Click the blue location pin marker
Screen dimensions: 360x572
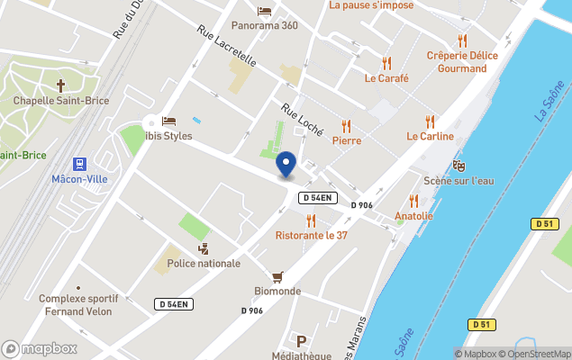286,165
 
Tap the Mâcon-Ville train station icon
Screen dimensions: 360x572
80,164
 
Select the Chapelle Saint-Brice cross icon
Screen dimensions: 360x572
61,86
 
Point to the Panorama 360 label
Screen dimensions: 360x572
264,25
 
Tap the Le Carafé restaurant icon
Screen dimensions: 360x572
386,63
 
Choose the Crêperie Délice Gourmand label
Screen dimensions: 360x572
461,61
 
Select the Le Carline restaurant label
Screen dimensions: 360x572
430,137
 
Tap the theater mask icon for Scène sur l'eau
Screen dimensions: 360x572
459,166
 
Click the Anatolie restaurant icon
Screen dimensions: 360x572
414,201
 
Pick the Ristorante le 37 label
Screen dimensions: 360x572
311,236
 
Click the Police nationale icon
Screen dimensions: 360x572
204,248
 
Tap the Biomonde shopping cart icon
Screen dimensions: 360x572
277,276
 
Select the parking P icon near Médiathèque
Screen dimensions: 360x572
302,340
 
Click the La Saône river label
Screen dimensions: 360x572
549,102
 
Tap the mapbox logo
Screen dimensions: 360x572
40,348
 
